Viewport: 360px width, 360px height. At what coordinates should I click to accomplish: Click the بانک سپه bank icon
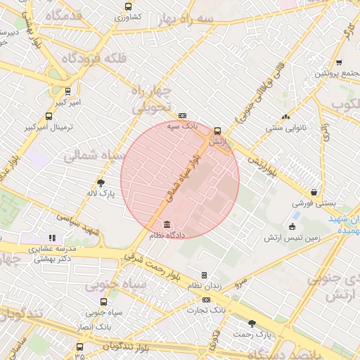(x=183, y=116)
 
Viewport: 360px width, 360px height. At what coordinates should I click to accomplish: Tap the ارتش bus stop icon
(x=217, y=131)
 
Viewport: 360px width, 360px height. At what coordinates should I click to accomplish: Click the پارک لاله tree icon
(x=101, y=181)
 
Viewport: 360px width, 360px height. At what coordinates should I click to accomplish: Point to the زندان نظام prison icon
(x=205, y=275)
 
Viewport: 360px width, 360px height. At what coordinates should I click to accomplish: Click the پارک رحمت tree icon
(x=252, y=323)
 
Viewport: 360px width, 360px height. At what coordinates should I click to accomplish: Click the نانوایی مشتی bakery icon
(x=285, y=117)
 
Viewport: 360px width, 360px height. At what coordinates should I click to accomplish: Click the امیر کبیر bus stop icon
(x=67, y=91)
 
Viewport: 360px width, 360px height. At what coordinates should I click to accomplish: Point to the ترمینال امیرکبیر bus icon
(x=49, y=117)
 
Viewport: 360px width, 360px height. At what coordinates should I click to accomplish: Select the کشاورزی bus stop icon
(x=128, y=6)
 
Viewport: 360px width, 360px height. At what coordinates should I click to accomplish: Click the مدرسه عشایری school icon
(x=51, y=238)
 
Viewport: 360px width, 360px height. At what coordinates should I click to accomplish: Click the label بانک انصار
(x=94, y=328)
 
